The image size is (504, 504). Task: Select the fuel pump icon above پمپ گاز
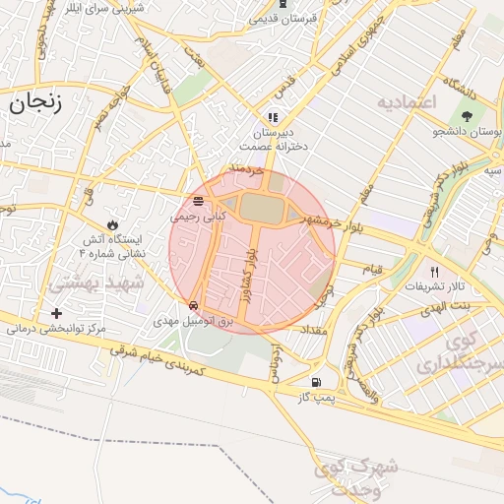[315, 382]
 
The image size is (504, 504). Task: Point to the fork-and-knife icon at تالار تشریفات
[433, 271]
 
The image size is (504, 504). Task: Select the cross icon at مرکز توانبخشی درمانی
[56, 313]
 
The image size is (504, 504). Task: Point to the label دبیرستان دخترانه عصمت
[280, 139]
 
